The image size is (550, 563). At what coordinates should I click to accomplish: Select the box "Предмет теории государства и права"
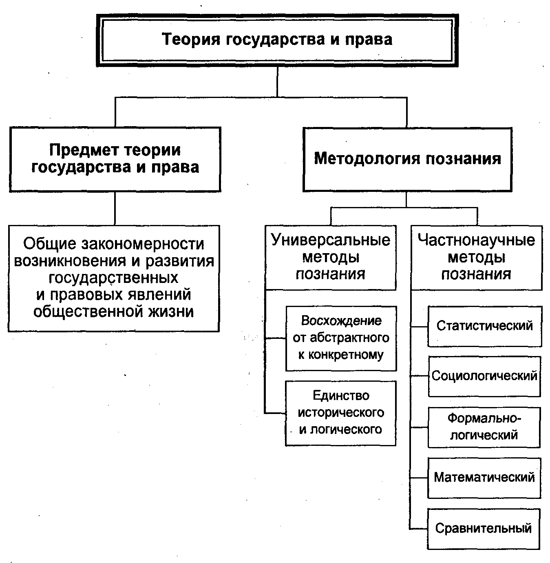pos(115,159)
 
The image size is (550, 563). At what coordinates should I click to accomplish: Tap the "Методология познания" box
pos(407,159)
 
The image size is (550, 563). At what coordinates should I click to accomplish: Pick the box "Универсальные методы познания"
pos(330,257)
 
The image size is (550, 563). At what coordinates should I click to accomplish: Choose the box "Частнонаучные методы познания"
pos(476,257)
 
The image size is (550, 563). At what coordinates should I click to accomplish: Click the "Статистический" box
pos(484,326)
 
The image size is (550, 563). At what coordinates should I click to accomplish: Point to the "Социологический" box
pos(484,376)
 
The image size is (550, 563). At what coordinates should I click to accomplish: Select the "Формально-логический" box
pos(484,427)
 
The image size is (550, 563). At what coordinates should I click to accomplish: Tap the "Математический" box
pos(484,477)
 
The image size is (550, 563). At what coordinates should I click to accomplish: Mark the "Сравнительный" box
pos(484,528)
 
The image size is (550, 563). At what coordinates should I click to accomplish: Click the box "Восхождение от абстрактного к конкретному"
pos(341,338)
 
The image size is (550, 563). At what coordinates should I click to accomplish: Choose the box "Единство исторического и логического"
pos(341,413)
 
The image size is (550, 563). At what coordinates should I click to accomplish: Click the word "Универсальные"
pos(330,240)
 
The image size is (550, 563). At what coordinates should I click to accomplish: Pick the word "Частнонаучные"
pos(476,240)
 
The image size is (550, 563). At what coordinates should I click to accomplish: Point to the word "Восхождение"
pos(341,321)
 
